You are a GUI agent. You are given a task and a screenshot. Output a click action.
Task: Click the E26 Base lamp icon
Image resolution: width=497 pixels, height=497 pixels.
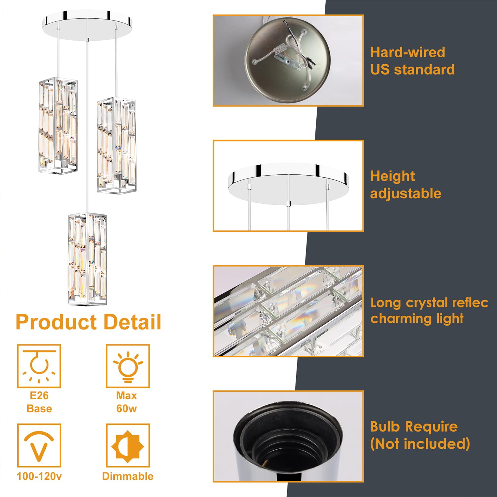click(x=39, y=366)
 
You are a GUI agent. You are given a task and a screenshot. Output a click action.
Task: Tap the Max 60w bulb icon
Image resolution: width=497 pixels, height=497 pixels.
click(x=128, y=366)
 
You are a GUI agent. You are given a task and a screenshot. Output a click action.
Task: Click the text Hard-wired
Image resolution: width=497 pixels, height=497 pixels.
click(x=408, y=52)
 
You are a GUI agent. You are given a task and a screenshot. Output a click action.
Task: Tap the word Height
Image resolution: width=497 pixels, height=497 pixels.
click(x=393, y=176)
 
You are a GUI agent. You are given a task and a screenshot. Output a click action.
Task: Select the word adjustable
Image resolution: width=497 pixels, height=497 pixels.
click(x=406, y=193)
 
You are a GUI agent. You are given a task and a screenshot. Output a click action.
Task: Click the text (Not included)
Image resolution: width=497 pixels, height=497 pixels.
click(x=420, y=444)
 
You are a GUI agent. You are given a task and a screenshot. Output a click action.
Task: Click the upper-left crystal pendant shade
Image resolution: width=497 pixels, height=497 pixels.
click(x=58, y=126)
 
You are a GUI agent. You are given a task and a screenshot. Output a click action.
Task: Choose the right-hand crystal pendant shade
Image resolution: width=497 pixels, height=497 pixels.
click(x=116, y=145)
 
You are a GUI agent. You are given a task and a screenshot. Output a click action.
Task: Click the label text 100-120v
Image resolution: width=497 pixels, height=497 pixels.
click(x=39, y=476)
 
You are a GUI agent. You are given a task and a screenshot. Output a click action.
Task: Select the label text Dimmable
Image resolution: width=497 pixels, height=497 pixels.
click(x=128, y=476)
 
